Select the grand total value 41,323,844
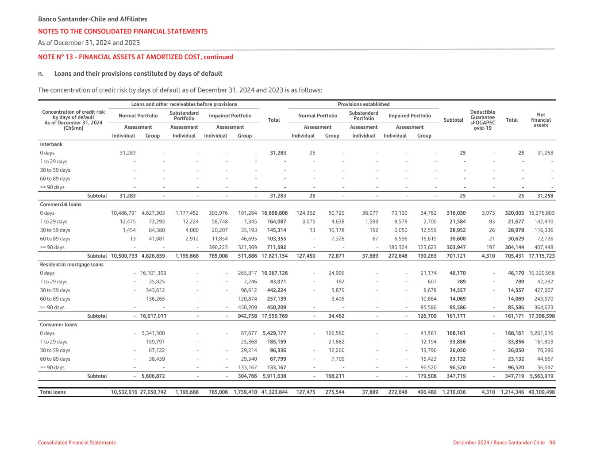274,392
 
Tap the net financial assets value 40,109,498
542,392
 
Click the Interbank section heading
51,144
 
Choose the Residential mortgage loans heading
72,265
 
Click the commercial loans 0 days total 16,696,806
274,213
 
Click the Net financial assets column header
541,120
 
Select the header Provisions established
364,104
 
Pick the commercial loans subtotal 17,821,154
274,256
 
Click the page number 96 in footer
552,443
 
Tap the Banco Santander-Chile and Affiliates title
92,19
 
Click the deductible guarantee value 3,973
488,213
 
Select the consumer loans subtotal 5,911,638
274,376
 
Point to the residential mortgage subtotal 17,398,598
542,316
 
